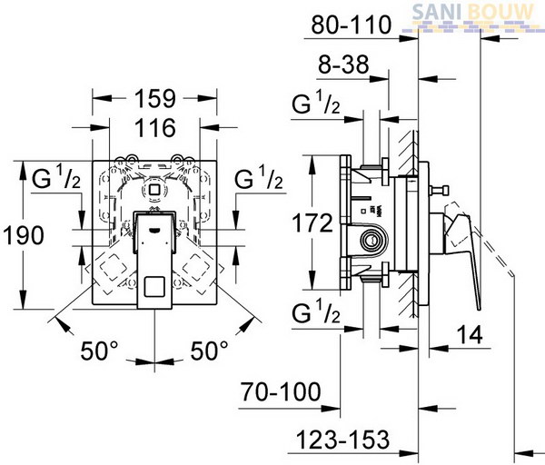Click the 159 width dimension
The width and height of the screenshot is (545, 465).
tap(155, 99)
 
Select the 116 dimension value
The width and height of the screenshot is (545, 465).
tap(155, 128)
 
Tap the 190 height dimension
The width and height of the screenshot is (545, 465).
tap(24, 235)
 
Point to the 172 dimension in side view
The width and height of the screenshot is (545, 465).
tap(312, 223)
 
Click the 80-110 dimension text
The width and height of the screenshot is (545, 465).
tap(352, 25)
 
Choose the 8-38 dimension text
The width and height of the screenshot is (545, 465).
tap(343, 64)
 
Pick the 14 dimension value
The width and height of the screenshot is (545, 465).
tap(470, 335)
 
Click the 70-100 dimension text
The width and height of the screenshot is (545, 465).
tap(281, 391)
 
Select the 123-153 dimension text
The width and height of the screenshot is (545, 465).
tap(342, 440)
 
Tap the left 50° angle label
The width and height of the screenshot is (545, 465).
tap(99, 351)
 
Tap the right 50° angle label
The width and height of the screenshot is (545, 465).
tap(209, 351)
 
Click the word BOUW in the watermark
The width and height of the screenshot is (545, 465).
tap(500, 12)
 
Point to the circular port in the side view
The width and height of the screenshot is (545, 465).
tap(372, 240)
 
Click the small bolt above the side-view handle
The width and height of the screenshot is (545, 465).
tap(439, 191)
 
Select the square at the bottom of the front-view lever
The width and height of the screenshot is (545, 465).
tap(154, 287)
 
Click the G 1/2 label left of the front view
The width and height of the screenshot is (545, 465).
tap(56, 177)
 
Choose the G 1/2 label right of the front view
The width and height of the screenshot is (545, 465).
tap(259, 177)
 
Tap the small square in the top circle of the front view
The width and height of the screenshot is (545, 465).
tap(153, 190)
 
